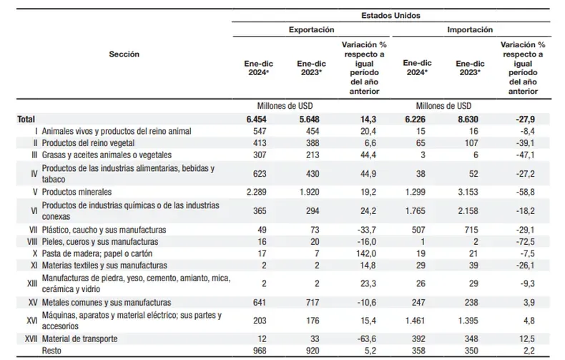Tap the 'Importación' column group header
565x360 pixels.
(470, 31)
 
